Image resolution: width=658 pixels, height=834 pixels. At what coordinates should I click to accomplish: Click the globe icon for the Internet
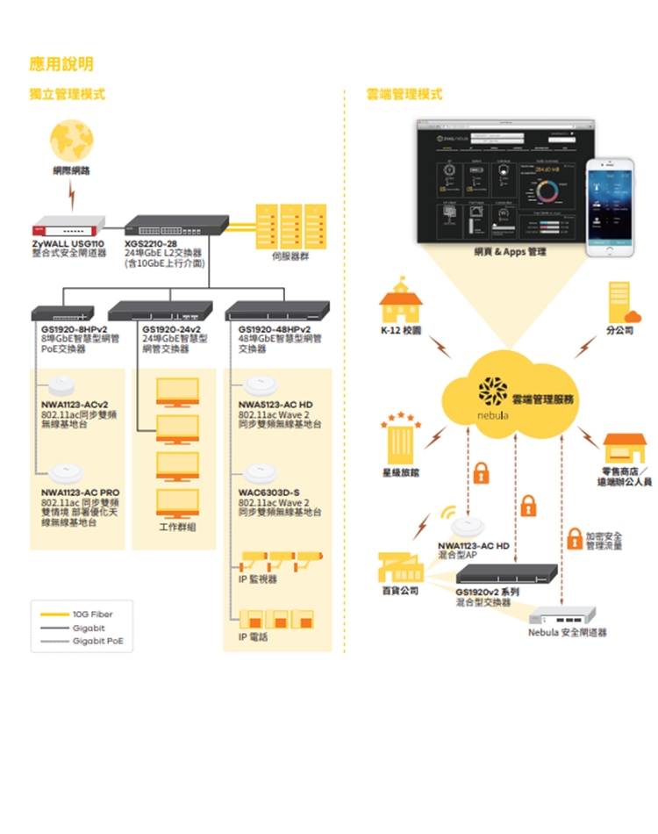pyautogui.click(x=71, y=140)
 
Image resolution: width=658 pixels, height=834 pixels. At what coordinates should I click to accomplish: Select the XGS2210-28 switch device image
pyautogui.click(x=176, y=226)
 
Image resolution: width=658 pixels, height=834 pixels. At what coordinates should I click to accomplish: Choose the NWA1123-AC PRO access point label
pyautogui.click(x=81, y=492)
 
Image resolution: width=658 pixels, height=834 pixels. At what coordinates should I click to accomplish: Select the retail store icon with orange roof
pyautogui.click(x=624, y=449)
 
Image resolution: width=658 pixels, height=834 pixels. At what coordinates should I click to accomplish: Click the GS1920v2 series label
pyautogui.click(x=487, y=593)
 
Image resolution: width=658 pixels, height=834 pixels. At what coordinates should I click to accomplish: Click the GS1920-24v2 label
pyautogui.click(x=171, y=330)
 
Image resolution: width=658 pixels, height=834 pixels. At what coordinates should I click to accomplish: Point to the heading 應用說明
pyautogui.click(x=61, y=63)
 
